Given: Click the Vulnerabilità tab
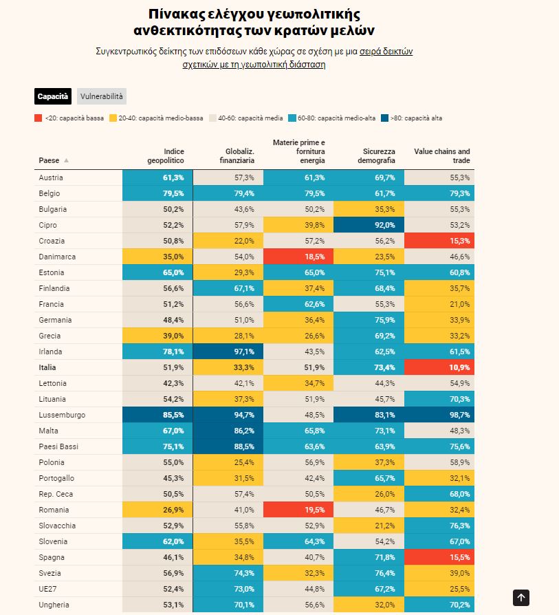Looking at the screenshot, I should coord(101,96).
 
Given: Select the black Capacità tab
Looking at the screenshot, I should coord(53,96).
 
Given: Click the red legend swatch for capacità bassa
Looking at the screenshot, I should coord(38,118).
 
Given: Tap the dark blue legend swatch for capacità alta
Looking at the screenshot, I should coord(384,118).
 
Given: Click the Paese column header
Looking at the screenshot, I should coord(49,160).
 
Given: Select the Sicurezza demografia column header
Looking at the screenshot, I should coord(376,155).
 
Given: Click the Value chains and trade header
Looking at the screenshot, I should coord(442,155).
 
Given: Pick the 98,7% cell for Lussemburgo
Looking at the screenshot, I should coord(439,415).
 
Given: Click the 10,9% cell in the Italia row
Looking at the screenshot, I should coord(439,367).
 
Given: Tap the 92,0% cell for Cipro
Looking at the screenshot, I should coord(369,225).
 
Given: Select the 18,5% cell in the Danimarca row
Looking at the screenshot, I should coord(298,257).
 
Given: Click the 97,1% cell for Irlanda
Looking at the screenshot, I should coord(228,352).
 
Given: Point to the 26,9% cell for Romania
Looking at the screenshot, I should coord(157,510).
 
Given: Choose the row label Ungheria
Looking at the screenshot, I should coord(54,605).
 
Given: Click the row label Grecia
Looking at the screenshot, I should coord(50,336).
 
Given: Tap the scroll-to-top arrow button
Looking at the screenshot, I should coord(521,598).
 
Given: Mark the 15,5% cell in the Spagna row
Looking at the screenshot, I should coord(439,557).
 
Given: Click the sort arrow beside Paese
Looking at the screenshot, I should coord(67,160).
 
